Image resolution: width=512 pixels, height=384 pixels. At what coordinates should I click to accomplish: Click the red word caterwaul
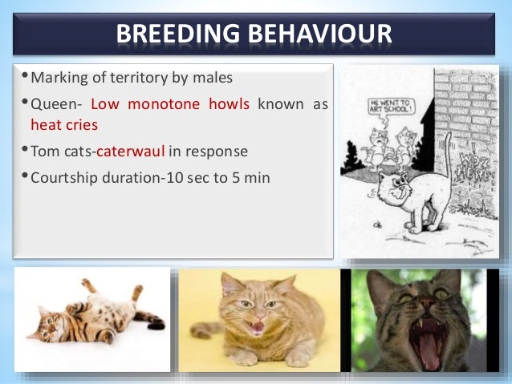pos(131,151)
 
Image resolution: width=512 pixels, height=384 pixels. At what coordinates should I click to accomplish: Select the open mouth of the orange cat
pos(258,328)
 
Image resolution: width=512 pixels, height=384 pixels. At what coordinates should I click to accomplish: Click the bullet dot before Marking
pos(24,79)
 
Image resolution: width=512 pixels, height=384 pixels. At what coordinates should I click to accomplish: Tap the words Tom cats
pos(63,151)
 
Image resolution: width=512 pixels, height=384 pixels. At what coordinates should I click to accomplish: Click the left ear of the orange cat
pos(230,285)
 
